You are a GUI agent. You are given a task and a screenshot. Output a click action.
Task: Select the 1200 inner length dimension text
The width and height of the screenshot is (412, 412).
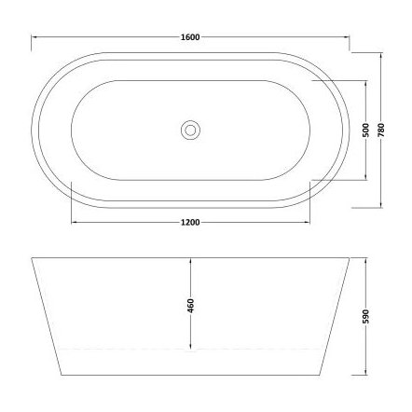189,224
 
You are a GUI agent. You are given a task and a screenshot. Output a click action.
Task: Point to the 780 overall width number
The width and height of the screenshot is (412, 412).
382,128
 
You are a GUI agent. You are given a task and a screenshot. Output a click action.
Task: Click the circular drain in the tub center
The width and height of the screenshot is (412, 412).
190,128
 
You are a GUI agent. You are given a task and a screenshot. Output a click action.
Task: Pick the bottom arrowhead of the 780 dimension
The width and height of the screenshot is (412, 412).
382,203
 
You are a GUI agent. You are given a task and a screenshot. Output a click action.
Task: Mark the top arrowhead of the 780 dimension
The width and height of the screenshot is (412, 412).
382,53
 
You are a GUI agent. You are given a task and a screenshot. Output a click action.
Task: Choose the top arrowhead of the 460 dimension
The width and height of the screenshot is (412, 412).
190,257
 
